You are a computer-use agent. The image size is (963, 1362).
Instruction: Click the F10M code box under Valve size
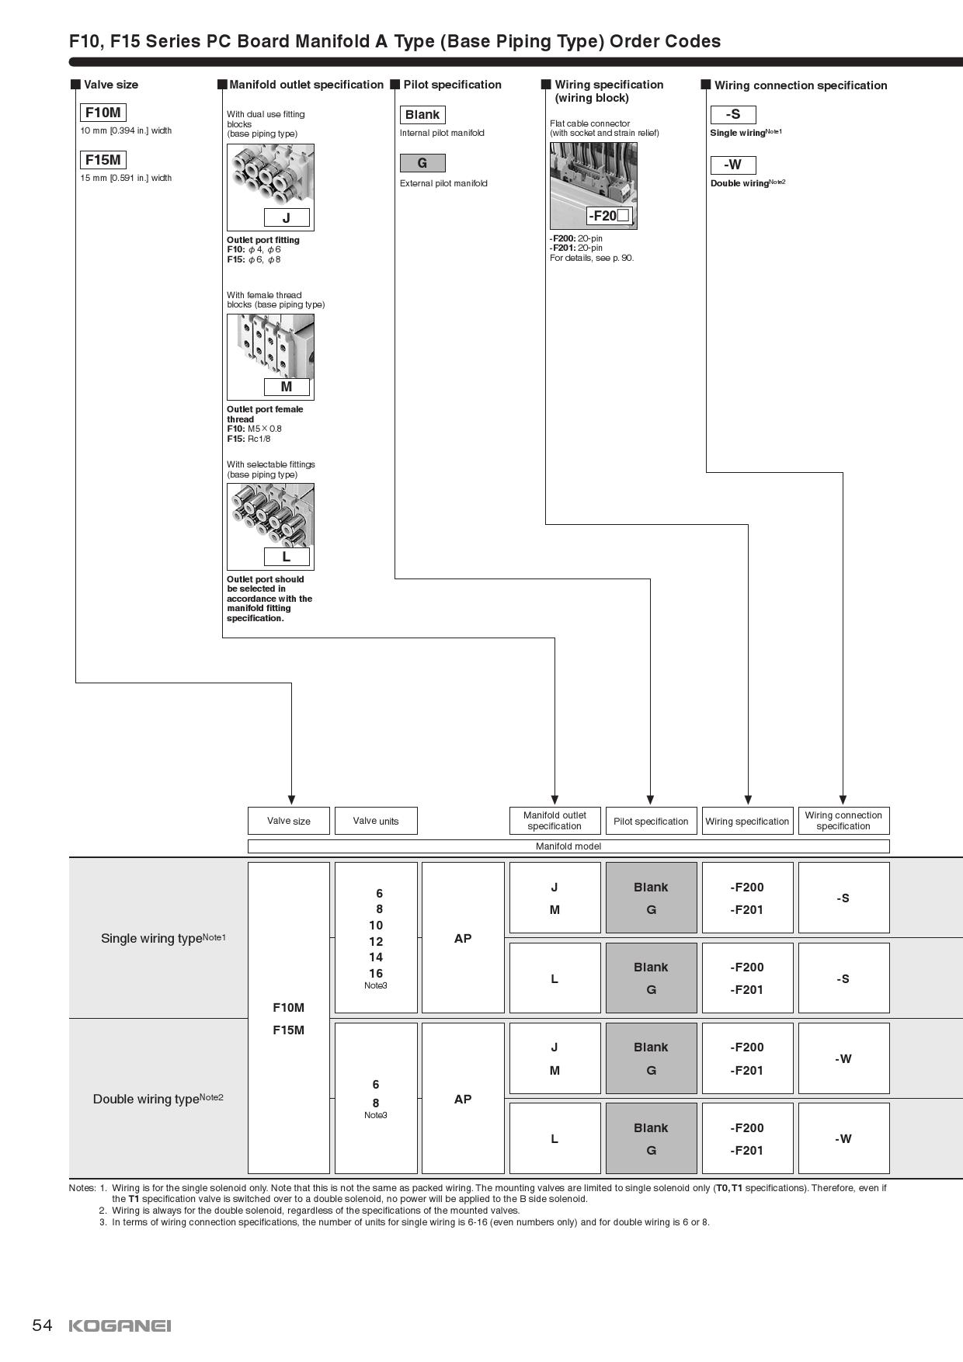point(103,113)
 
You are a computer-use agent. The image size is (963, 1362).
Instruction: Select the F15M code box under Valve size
point(103,160)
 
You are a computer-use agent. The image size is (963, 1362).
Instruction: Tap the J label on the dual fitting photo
point(287,218)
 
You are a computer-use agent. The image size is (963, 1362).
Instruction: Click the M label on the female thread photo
point(287,387)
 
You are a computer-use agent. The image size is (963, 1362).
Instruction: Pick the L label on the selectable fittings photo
point(287,557)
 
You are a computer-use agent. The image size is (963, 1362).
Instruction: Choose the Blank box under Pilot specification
point(422,115)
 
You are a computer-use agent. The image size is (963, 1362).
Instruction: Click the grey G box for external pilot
point(422,163)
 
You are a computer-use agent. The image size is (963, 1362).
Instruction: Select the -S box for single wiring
point(733,115)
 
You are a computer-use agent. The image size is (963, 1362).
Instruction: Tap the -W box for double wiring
point(733,165)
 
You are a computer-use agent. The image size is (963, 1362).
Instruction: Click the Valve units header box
point(376,821)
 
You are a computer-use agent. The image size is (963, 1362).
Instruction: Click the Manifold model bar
point(568,846)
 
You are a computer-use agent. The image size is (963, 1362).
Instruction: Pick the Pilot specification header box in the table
point(651,821)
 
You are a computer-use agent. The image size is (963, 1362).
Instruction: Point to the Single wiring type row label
point(163,938)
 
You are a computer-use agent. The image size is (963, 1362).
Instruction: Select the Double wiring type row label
point(158,1099)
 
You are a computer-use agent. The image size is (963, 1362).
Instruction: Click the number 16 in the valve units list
point(376,973)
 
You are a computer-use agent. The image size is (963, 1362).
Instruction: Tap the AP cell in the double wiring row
point(463,1099)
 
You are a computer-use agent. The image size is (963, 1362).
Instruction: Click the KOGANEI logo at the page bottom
point(120,1326)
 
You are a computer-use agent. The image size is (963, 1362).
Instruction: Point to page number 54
point(42,1325)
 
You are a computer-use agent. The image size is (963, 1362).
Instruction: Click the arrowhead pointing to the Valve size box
point(291,800)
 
